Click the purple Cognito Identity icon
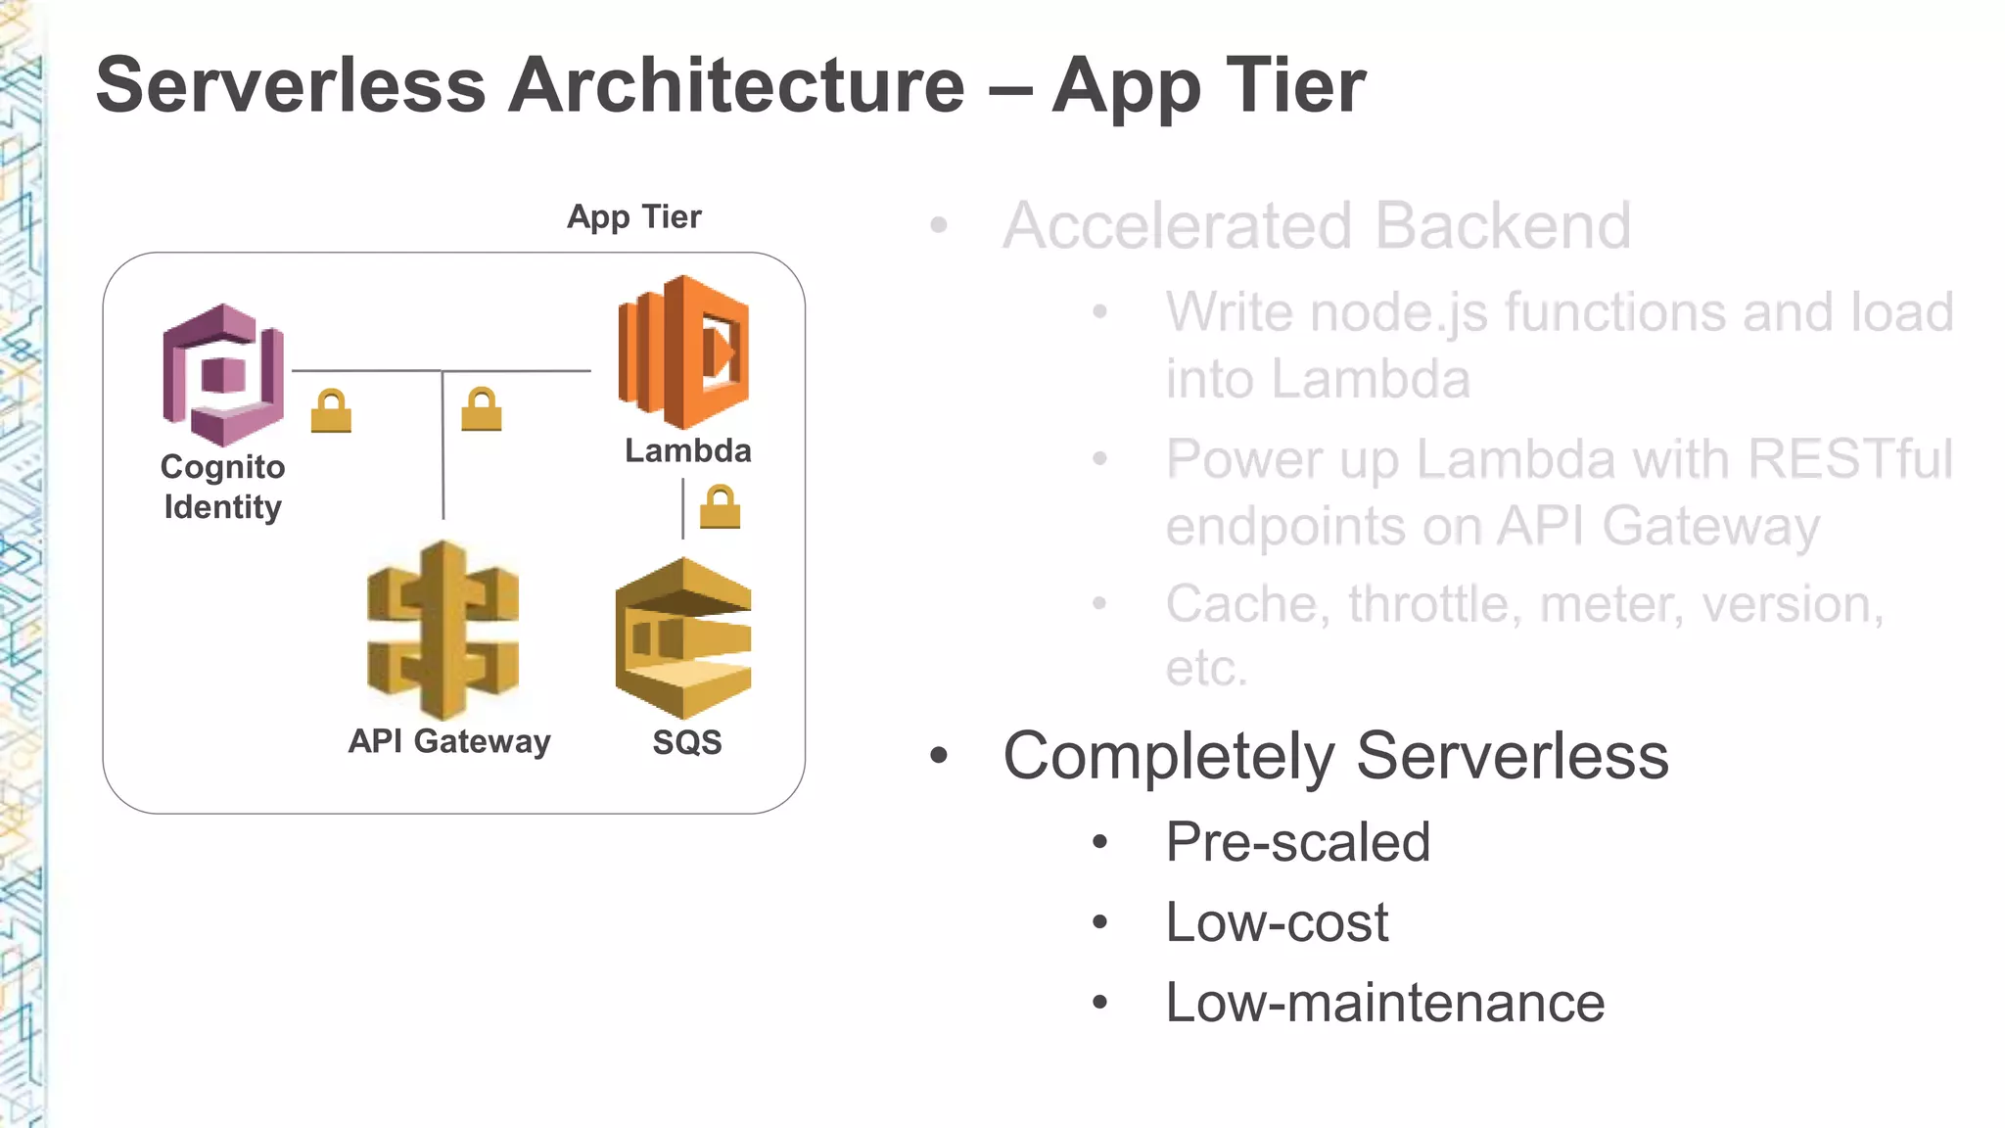[x=223, y=374]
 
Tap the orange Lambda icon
[x=684, y=352]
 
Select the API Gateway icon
[x=443, y=631]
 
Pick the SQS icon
[x=683, y=637]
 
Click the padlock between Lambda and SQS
[x=721, y=507]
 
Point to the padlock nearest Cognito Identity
[x=331, y=411]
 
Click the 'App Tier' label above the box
[x=634, y=216]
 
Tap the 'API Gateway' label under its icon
[x=449, y=741]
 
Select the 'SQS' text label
[x=687, y=742]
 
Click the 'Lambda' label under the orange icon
[x=688, y=450]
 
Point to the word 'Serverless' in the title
[x=291, y=85]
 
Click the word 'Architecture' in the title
[x=736, y=85]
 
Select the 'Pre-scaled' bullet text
[x=1297, y=842]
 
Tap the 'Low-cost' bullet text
[x=1277, y=922]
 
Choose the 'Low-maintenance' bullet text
[x=1384, y=1003]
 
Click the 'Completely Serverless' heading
[x=1335, y=756]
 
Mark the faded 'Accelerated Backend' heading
[x=1317, y=226]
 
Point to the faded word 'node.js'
[x=1400, y=312]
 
